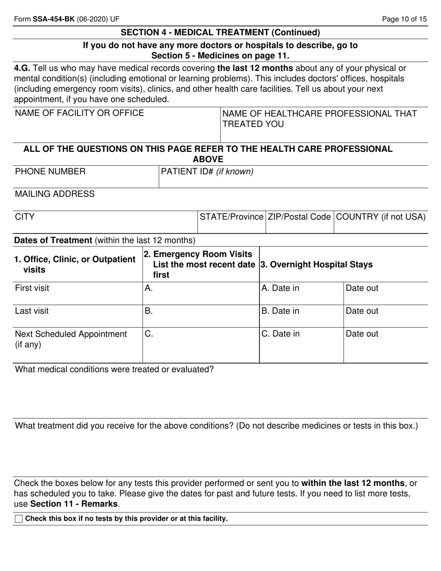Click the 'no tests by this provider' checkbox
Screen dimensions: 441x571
[19, 519]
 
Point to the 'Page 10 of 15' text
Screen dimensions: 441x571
[404, 6]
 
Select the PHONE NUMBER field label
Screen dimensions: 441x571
[50, 172]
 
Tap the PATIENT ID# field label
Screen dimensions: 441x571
[207, 172]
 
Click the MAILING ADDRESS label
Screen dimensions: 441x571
[55, 194]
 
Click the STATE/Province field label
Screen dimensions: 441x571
[231, 217]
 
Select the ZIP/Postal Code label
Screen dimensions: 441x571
[299, 217]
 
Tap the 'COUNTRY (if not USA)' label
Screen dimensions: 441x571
[380, 217]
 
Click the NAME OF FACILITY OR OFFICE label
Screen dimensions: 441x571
[79, 113]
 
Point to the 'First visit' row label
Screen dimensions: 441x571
[32, 288]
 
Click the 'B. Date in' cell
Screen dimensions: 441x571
[280, 311]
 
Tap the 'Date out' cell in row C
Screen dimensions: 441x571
[362, 334]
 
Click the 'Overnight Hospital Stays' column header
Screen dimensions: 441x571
[317, 265]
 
